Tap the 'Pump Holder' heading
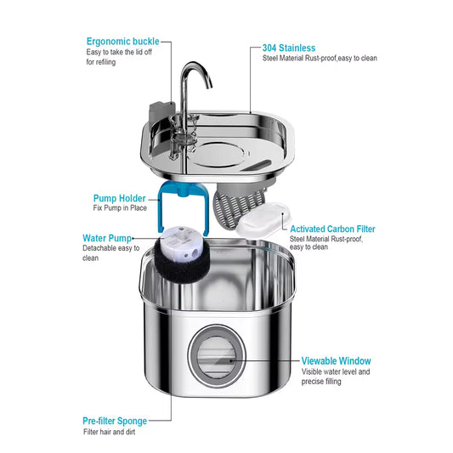pos(120,198)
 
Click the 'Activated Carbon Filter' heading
pos(332,229)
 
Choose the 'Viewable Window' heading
pos(336,360)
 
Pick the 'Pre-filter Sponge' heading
pos(115,421)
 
